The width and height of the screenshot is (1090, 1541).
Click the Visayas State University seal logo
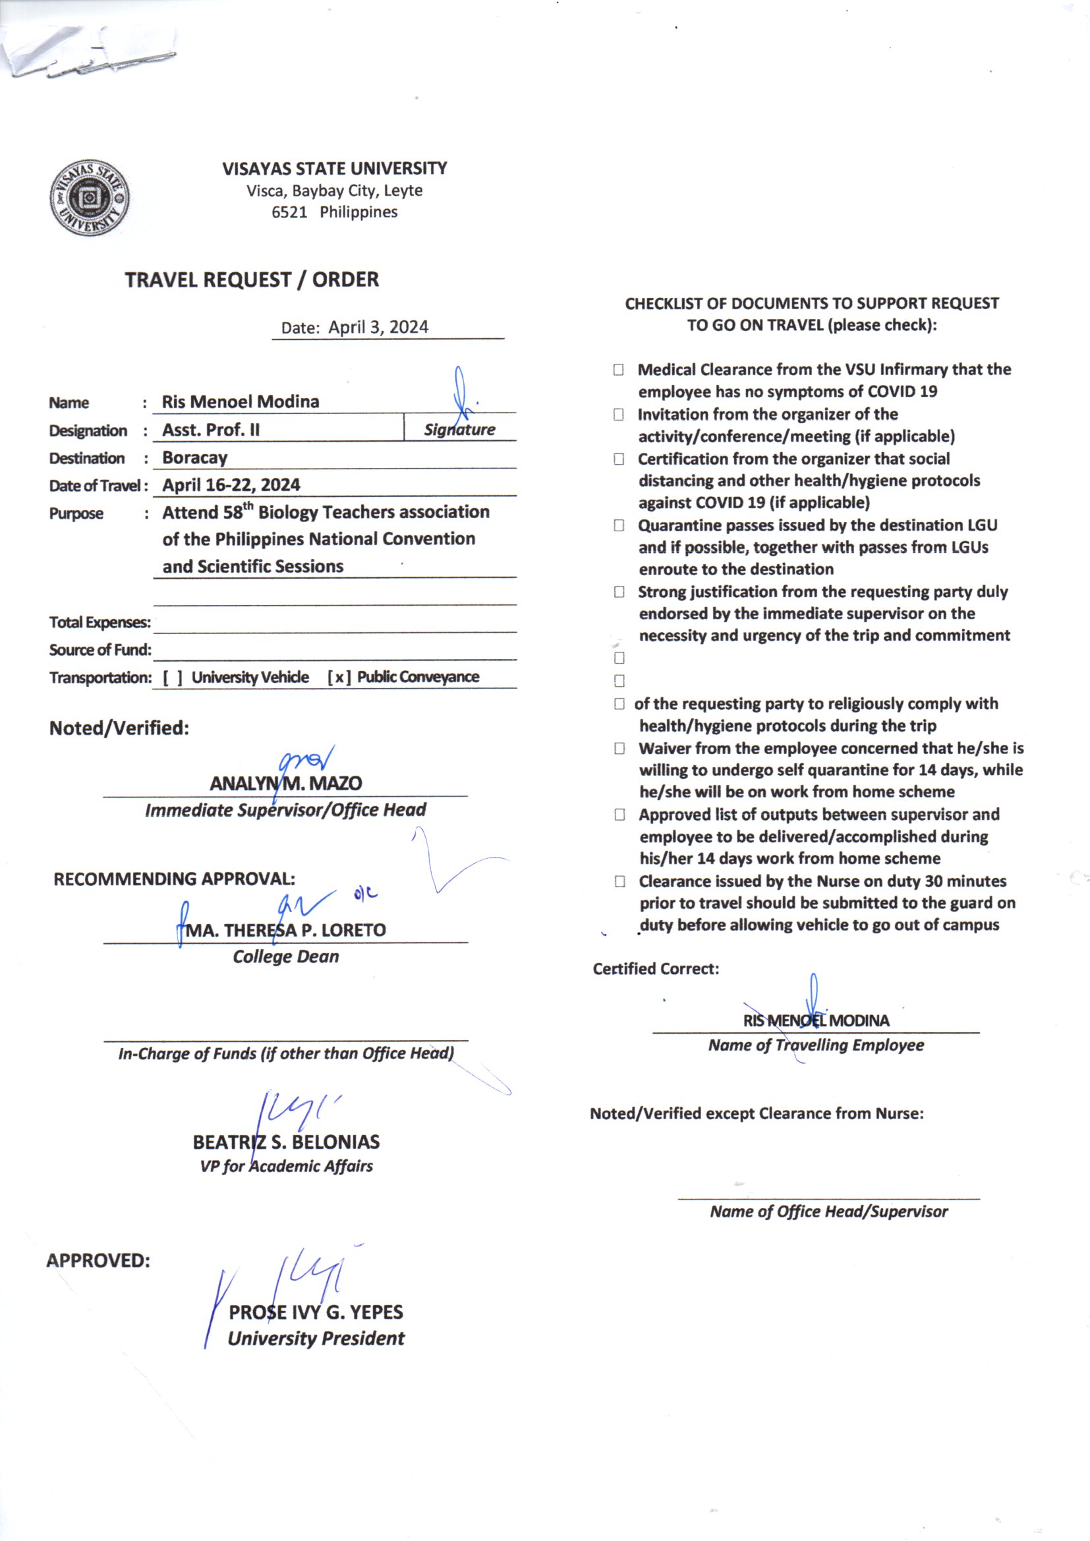[90, 198]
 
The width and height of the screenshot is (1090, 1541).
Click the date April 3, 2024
[378, 328]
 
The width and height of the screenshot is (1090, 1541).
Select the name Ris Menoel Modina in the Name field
[241, 402]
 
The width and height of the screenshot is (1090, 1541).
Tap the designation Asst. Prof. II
[211, 430]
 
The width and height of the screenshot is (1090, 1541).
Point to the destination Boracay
[194, 457]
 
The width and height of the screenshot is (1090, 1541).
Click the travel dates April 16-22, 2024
[231, 485]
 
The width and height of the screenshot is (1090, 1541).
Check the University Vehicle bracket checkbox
[173, 678]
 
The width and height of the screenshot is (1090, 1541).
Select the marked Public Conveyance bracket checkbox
[339, 678]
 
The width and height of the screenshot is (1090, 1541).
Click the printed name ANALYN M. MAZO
[285, 783]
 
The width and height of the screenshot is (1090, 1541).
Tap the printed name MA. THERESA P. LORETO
[285, 930]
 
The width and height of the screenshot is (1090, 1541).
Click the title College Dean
[285, 956]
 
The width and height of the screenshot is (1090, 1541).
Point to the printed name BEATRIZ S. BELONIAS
[286, 1142]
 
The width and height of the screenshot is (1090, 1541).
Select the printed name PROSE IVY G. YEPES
[316, 1312]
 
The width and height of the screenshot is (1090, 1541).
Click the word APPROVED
[98, 1260]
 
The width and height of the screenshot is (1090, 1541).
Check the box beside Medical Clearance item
[618, 370]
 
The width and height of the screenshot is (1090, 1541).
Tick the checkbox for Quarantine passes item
[618, 525]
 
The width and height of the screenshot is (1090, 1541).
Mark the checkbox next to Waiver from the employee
[619, 748]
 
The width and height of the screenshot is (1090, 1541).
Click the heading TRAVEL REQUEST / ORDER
[252, 280]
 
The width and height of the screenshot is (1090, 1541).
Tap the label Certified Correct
[655, 968]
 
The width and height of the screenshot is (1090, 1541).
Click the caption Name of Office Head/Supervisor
[828, 1211]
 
